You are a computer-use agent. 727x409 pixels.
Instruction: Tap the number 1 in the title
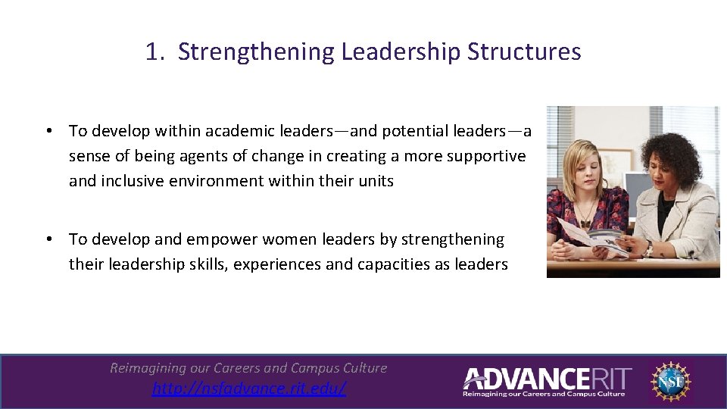[152, 52]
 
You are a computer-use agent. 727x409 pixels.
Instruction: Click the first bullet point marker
[47, 131]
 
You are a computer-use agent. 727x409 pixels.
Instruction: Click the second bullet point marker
[47, 239]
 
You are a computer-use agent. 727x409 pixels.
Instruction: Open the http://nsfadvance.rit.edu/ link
[248, 389]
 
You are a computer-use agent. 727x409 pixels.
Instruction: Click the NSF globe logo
[669, 381]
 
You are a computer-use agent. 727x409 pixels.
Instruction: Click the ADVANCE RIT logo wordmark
[546, 378]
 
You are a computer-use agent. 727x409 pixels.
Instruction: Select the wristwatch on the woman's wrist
[648, 248]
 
